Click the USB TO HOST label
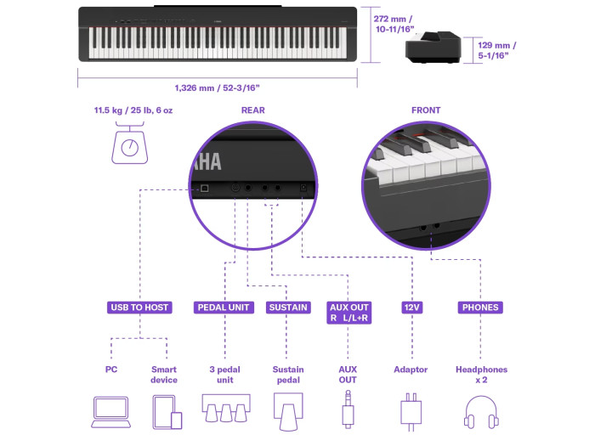[139, 308]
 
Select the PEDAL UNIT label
[224, 308]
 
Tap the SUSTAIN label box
[288, 308]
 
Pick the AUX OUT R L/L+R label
[348, 313]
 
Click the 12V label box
[412, 308]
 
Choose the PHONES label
[480, 308]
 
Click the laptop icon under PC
[110, 412]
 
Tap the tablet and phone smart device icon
[167, 412]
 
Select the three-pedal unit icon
[226, 408]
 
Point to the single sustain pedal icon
[288, 412]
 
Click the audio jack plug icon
[348, 409]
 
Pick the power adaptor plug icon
[411, 412]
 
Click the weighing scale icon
[130, 143]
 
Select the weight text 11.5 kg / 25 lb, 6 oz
[133, 110]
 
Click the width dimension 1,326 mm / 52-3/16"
[217, 88]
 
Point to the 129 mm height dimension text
[496, 50]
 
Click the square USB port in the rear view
[205, 188]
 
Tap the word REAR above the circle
[253, 110]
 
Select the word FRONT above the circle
[426, 110]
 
